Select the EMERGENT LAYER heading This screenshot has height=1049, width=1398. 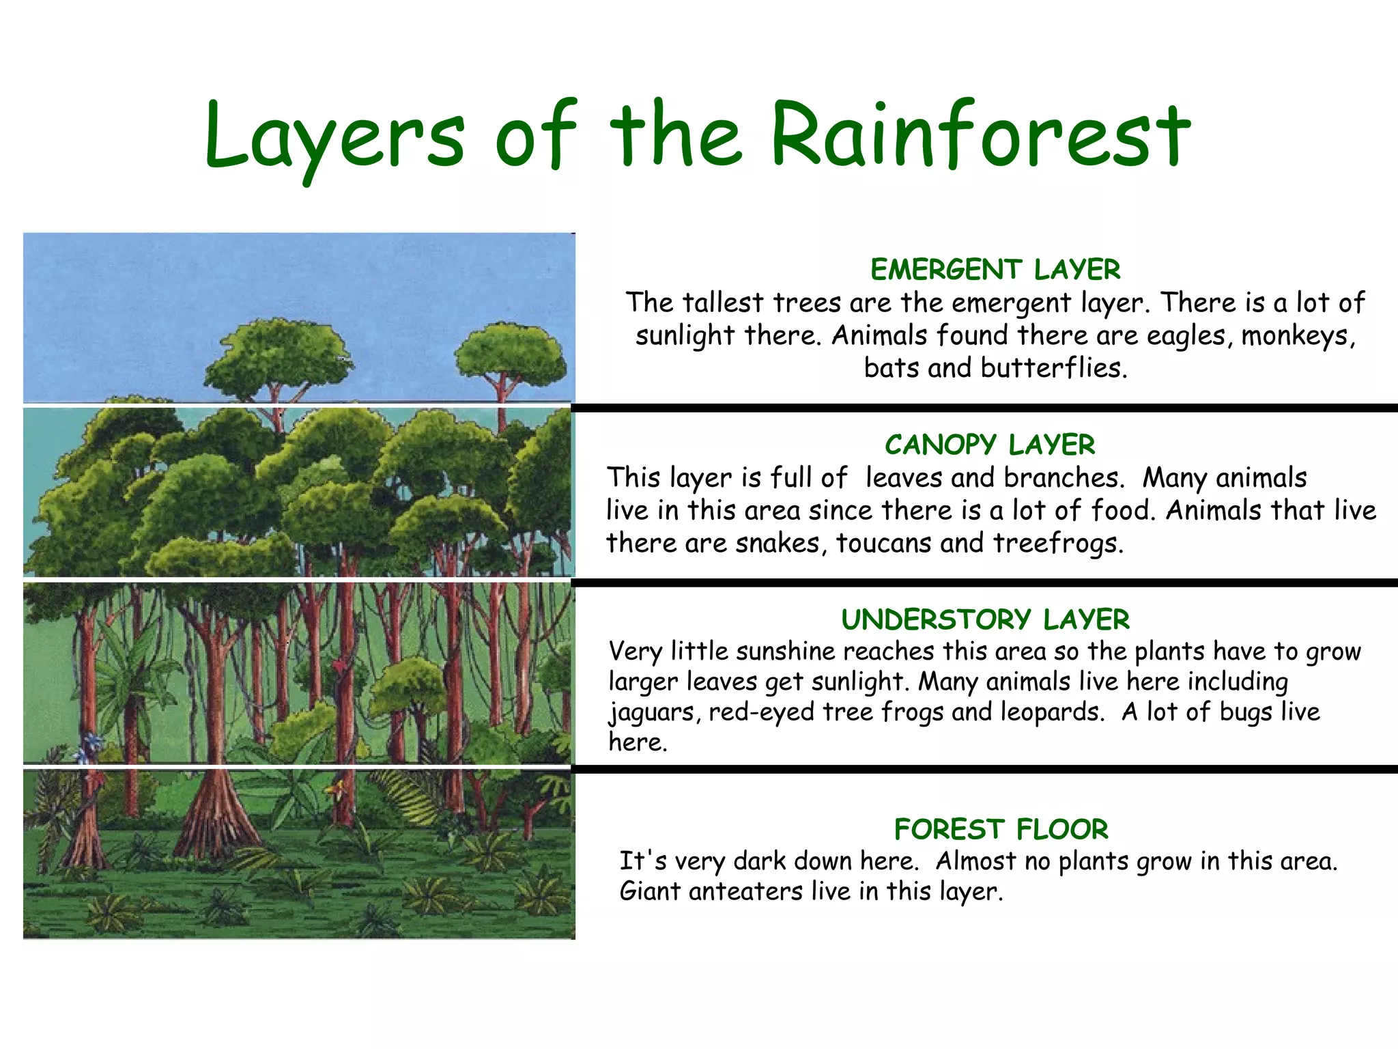[x=995, y=270]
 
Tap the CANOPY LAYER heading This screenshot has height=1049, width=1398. [x=990, y=445]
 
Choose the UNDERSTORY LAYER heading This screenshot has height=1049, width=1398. [x=985, y=619]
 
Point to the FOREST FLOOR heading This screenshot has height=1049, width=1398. [x=1001, y=829]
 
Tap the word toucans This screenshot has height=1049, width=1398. [x=883, y=543]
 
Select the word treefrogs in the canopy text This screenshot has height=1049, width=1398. [x=1057, y=543]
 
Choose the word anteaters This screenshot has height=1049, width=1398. [x=745, y=891]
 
